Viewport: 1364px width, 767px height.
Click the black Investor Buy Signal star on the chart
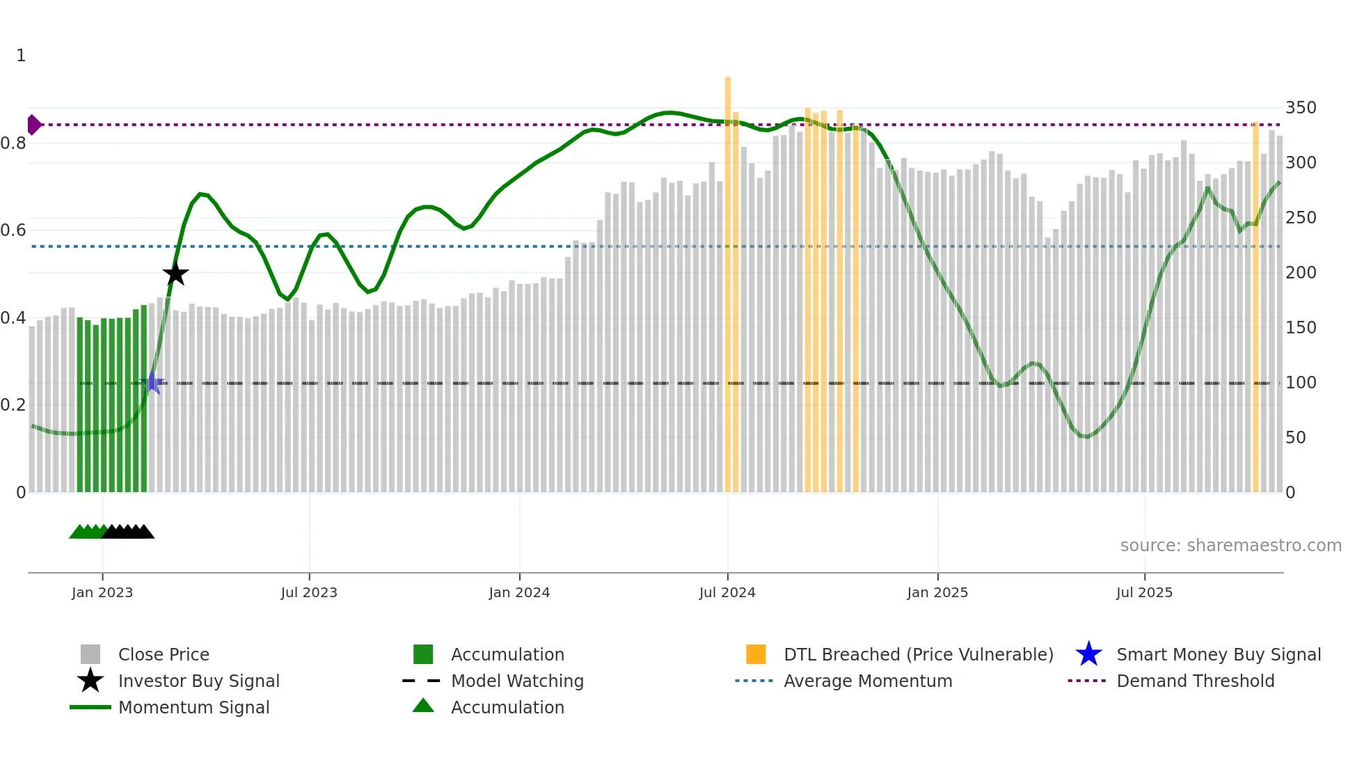(175, 274)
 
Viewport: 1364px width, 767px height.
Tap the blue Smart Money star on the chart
(152, 382)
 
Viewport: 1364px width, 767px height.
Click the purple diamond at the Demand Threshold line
(33, 125)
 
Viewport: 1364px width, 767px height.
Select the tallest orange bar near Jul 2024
(728, 278)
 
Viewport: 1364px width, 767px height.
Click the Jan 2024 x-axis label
(519, 592)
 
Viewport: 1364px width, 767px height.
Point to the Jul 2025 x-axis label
(1144, 592)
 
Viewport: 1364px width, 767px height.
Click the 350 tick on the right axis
(1300, 108)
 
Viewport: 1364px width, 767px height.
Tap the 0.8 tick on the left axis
(14, 143)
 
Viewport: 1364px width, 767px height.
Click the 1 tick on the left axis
(21, 56)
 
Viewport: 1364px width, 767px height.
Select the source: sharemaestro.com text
(1230, 546)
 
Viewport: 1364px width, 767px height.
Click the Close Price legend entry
(164, 654)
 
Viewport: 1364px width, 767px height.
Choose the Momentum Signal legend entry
(193, 707)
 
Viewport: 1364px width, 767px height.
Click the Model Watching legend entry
(517, 681)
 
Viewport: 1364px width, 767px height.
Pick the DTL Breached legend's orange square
(756, 654)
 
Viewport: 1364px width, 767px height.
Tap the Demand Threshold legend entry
(1195, 681)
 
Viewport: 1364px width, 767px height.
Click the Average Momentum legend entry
(867, 681)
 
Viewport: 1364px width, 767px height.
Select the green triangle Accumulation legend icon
(423, 706)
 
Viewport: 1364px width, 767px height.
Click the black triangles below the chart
(129, 532)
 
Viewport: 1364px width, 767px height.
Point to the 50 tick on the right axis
(1295, 438)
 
